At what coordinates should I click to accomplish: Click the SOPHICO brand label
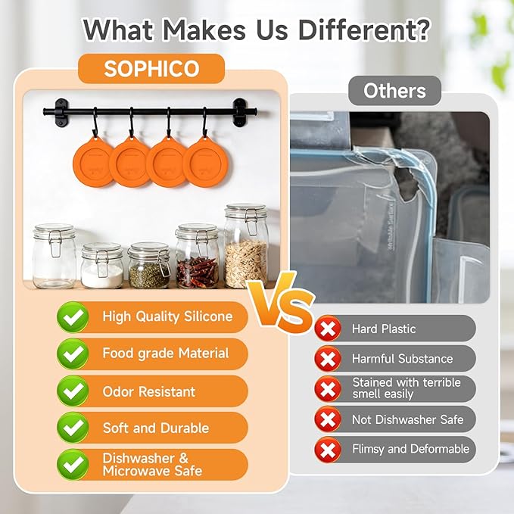click(151, 69)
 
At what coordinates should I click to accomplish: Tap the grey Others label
click(394, 91)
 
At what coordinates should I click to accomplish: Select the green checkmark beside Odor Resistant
click(73, 391)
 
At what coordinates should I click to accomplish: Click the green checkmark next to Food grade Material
click(73, 354)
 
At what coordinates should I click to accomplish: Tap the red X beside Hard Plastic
click(328, 329)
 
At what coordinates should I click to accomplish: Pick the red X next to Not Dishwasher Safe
click(328, 419)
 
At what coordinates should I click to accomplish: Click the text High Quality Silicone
click(167, 316)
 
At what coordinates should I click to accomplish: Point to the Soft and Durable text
click(156, 428)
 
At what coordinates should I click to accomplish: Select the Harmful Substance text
click(402, 359)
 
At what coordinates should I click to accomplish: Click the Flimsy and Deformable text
click(411, 449)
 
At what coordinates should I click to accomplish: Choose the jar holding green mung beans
click(149, 265)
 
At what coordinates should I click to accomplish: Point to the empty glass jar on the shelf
click(55, 256)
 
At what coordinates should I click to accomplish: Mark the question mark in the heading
click(420, 30)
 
